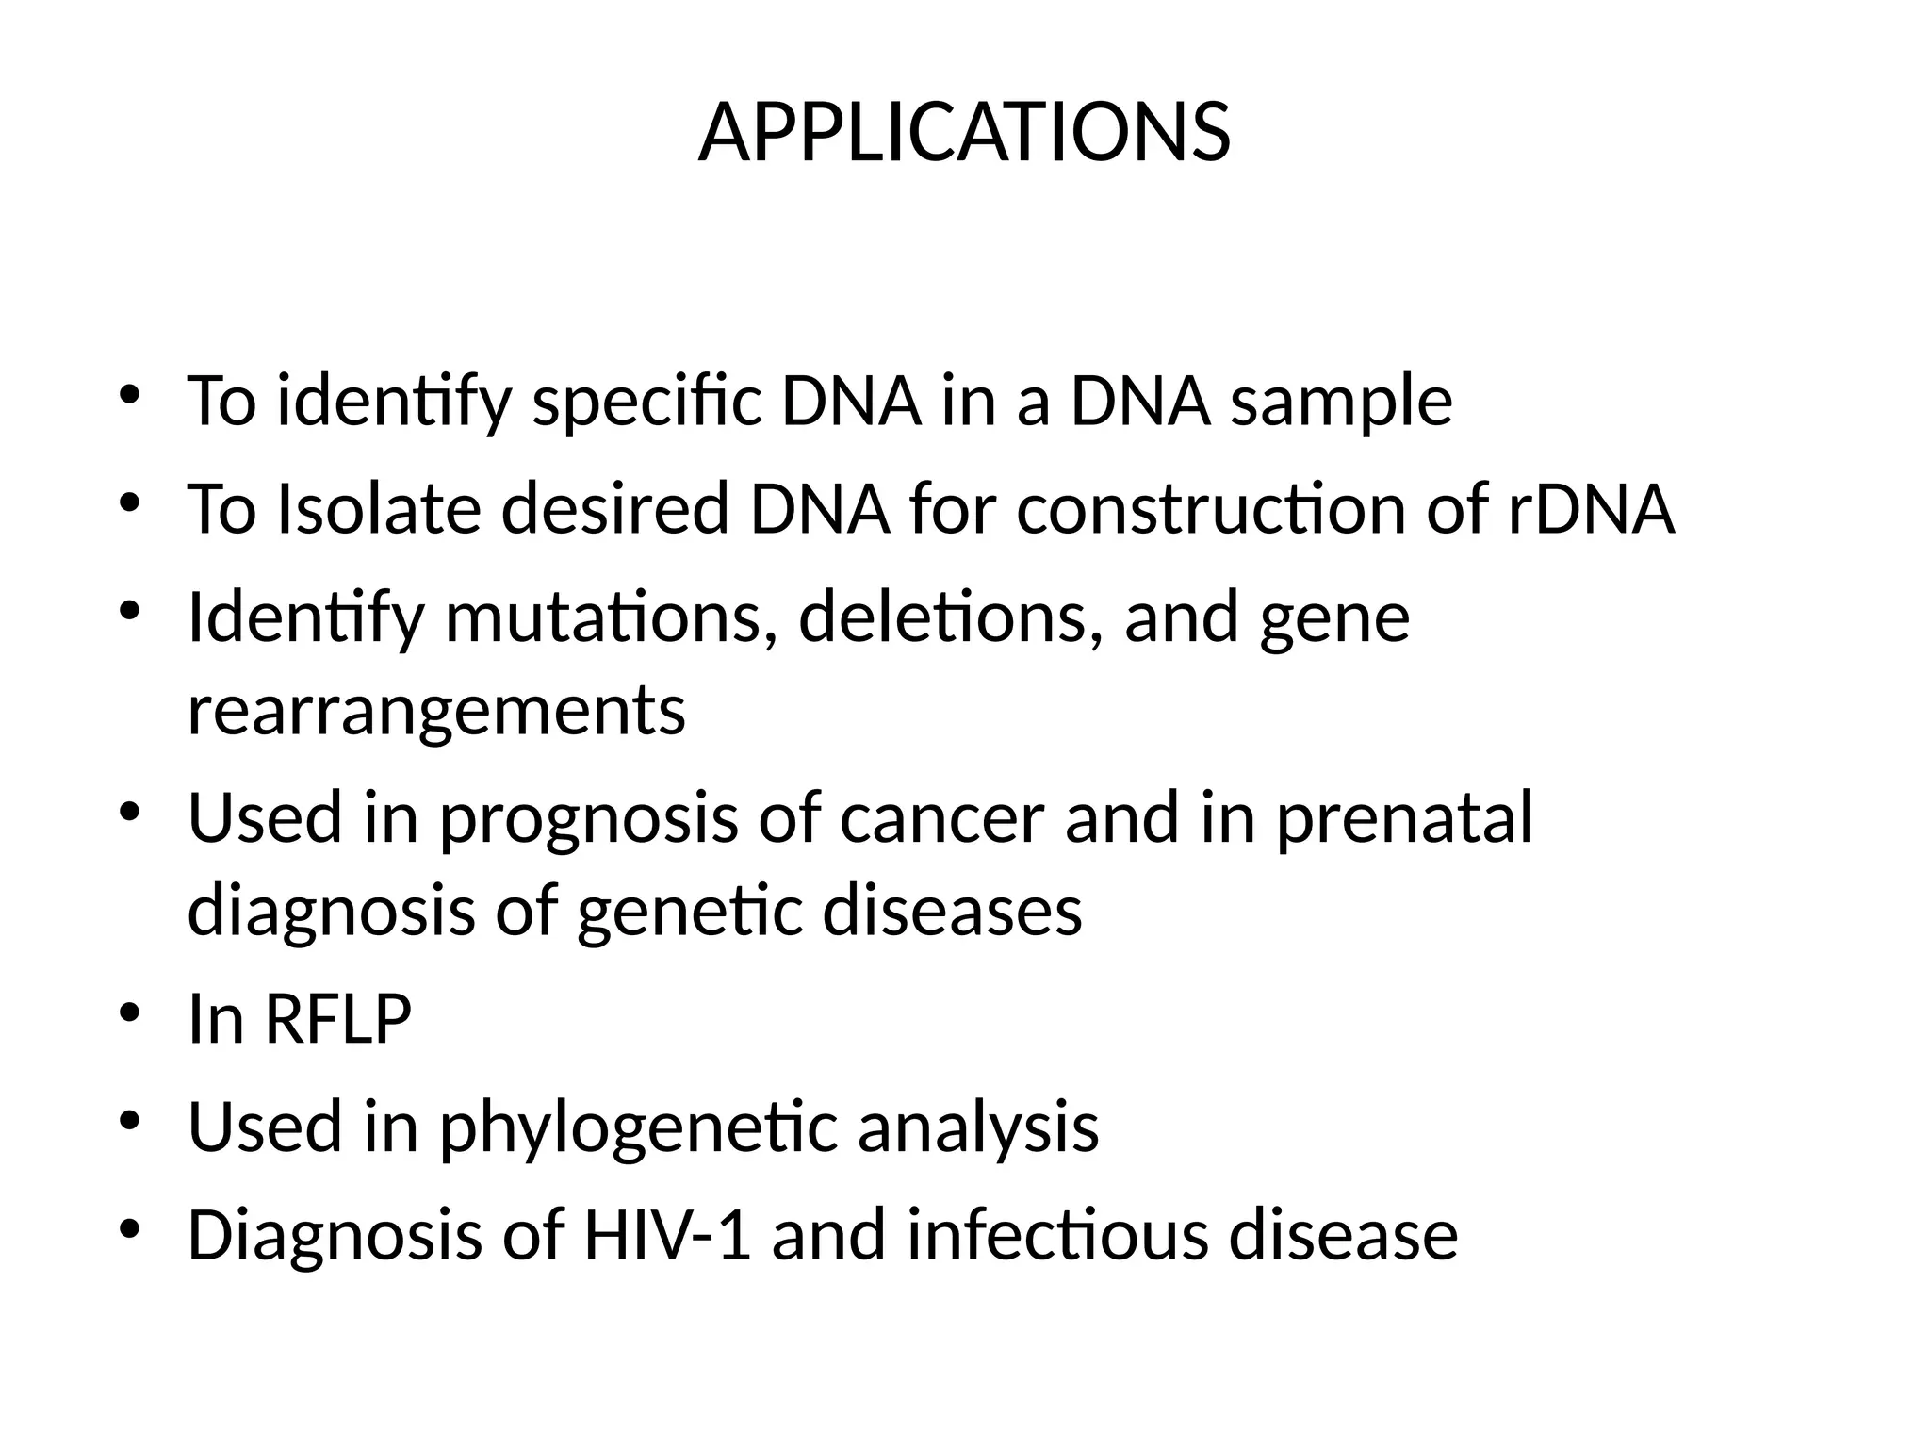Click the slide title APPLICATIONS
(964, 134)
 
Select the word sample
(1341, 402)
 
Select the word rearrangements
(436, 711)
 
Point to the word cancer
(941, 817)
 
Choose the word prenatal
(1404, 817)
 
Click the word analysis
(978, 1127)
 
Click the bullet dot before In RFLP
(130, 1013)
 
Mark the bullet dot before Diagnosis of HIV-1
(130, 1228)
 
